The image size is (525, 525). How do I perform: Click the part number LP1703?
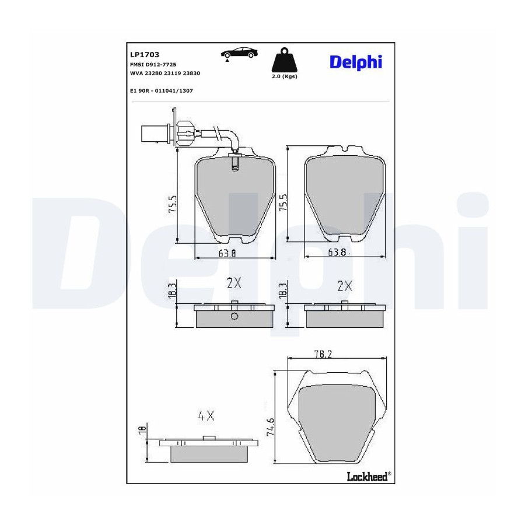pos(144,55)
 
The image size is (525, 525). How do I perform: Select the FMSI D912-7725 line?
pos(153,65)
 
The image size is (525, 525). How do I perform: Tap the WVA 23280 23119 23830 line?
pos(164,73)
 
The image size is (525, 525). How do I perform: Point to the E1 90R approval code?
pos(162,91)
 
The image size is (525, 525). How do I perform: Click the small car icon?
pos(240,54)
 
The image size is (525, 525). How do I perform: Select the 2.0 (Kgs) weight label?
pos(284,76)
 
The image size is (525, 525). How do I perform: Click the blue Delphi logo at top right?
pos(356,62)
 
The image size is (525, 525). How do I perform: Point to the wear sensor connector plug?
pos(156,134)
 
